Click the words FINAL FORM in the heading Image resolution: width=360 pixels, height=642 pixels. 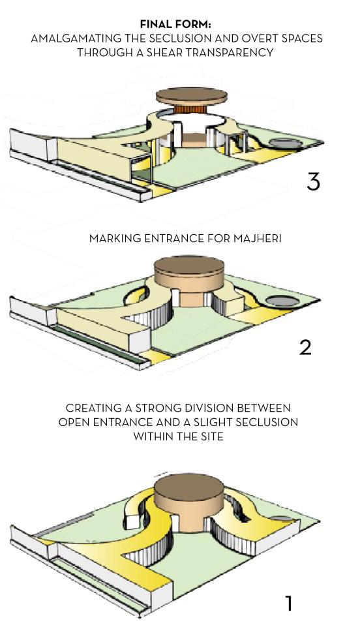point(175,24)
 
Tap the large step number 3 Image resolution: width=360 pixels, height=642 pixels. point(313,181)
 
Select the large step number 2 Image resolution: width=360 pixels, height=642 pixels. point(305,347)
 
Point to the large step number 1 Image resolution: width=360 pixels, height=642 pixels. point(289,604)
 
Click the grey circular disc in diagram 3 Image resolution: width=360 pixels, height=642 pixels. point(286,143)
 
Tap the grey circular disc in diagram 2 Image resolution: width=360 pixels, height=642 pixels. point(282,301)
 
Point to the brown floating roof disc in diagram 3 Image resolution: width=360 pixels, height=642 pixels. point(192,95)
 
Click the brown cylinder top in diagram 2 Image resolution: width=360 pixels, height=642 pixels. point(189,266)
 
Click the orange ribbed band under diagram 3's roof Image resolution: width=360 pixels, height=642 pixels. point(190,110)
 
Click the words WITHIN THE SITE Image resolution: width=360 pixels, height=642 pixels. point(178,436)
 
